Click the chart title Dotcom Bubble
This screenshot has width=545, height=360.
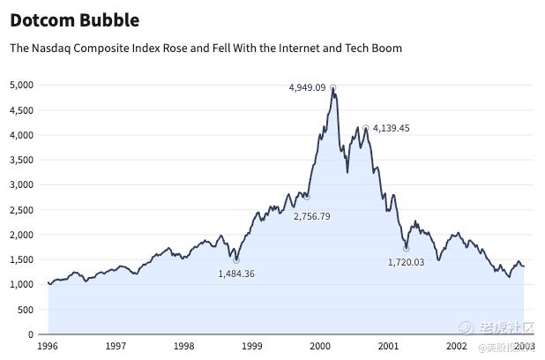pos(74,19)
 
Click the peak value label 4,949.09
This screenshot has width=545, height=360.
pos(307,87)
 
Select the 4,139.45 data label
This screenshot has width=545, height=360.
pos(391,128)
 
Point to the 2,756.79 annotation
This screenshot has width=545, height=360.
pos(311,216)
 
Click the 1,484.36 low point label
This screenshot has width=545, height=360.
pos(236,274)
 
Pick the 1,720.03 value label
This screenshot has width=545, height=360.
pos(406,262)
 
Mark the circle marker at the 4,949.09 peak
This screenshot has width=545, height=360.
pos(332,87)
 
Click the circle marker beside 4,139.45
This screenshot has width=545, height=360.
pos(366,128)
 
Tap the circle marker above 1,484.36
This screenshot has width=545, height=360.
pos(236,260)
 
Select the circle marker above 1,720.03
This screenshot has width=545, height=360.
pos(406,248)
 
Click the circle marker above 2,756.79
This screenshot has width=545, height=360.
pos(306,197)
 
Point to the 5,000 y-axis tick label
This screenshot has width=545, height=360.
pos(21,85)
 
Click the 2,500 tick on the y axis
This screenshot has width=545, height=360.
pos(21,210)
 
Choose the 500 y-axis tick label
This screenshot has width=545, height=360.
pos(25,311)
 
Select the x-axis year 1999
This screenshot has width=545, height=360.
pos(251,348)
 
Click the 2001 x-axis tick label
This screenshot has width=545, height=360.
pos(388,348)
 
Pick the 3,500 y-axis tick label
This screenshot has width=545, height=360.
pos(21,160)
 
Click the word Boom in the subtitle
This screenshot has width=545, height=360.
pos(386,48)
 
